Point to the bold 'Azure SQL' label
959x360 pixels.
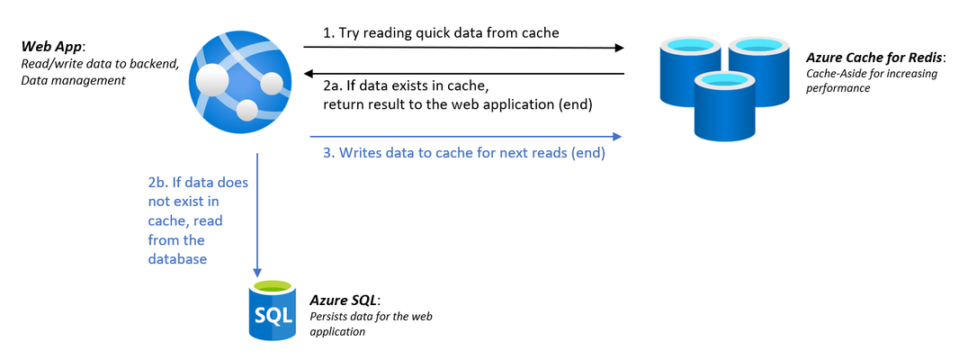pyautogui.click(x=344, y=301)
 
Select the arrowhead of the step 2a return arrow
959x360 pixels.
pyautogui.click(x=310, y=74)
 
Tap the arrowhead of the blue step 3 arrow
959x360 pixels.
pyautogui.click(x=616, y=136)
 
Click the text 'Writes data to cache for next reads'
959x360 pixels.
pyautogui.click(x=453, y=154)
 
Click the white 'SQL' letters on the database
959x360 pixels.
pyautogui.click(x=273, y=317)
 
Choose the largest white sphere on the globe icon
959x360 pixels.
pyautogui.click(x=215, y=76)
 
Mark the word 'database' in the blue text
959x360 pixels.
pyautogui.click(x=177, y=259)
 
